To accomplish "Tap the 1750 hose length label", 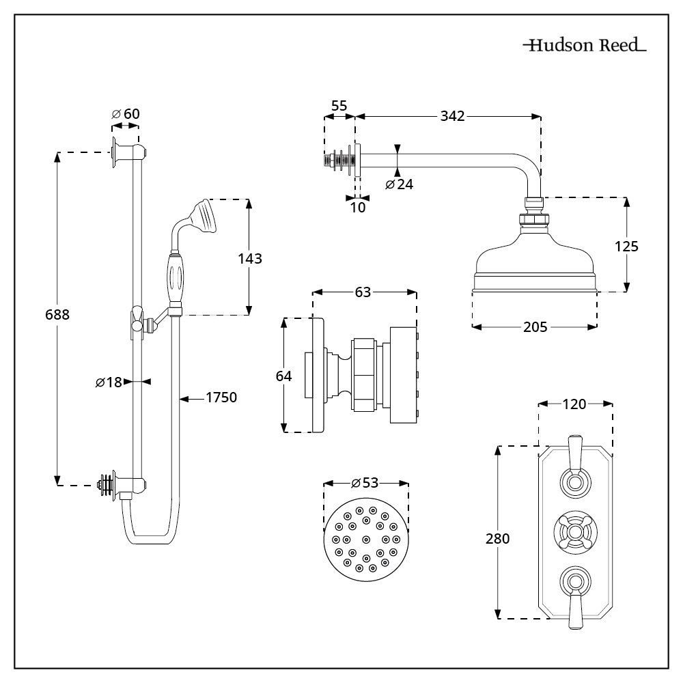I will tap(221, 398).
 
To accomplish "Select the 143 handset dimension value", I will tap(249, 259).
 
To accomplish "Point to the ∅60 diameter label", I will tap(126, 113).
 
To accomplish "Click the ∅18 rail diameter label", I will tap(109, 382).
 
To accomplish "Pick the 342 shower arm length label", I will tap(451, 115).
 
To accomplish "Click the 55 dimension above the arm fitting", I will tap(339, 106).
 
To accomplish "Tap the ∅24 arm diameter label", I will tap(400, 184).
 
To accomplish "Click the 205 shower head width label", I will tap(535, 326).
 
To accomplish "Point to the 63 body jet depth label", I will tap(363, 292).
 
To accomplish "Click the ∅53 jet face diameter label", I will tap(365, 483).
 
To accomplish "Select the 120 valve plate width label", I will tap(574, 404).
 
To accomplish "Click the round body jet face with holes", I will tap(365, 537).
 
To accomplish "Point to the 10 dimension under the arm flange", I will tap(358, 206).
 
